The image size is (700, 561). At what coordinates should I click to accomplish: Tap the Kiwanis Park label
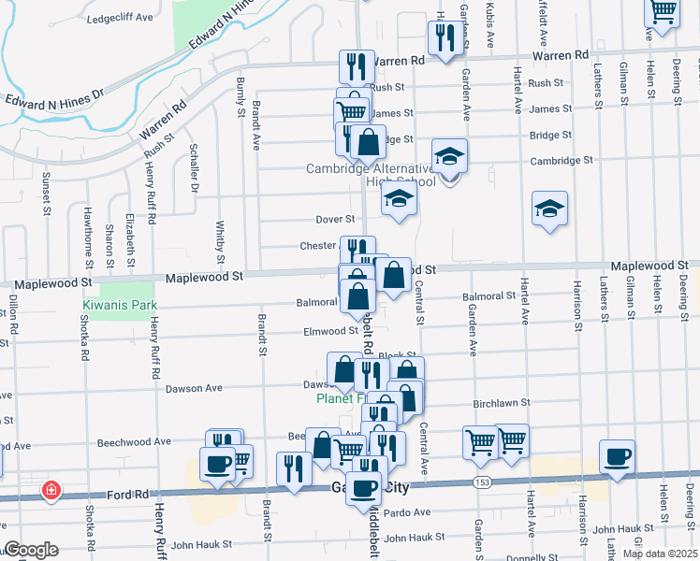click(x=119, y=306)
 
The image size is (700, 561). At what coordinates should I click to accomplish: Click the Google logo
click(x=31, y=550)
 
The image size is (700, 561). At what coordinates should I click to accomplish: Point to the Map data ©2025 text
click(x=659, y=554)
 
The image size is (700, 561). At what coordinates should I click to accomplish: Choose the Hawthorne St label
click(x=88, y=233)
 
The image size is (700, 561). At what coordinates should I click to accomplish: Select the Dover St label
click(x=334, y=220)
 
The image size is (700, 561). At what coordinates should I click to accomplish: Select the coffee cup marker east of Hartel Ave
click(x=617, y=458)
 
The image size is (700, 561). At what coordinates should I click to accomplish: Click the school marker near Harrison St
click(x=549, y=209)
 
